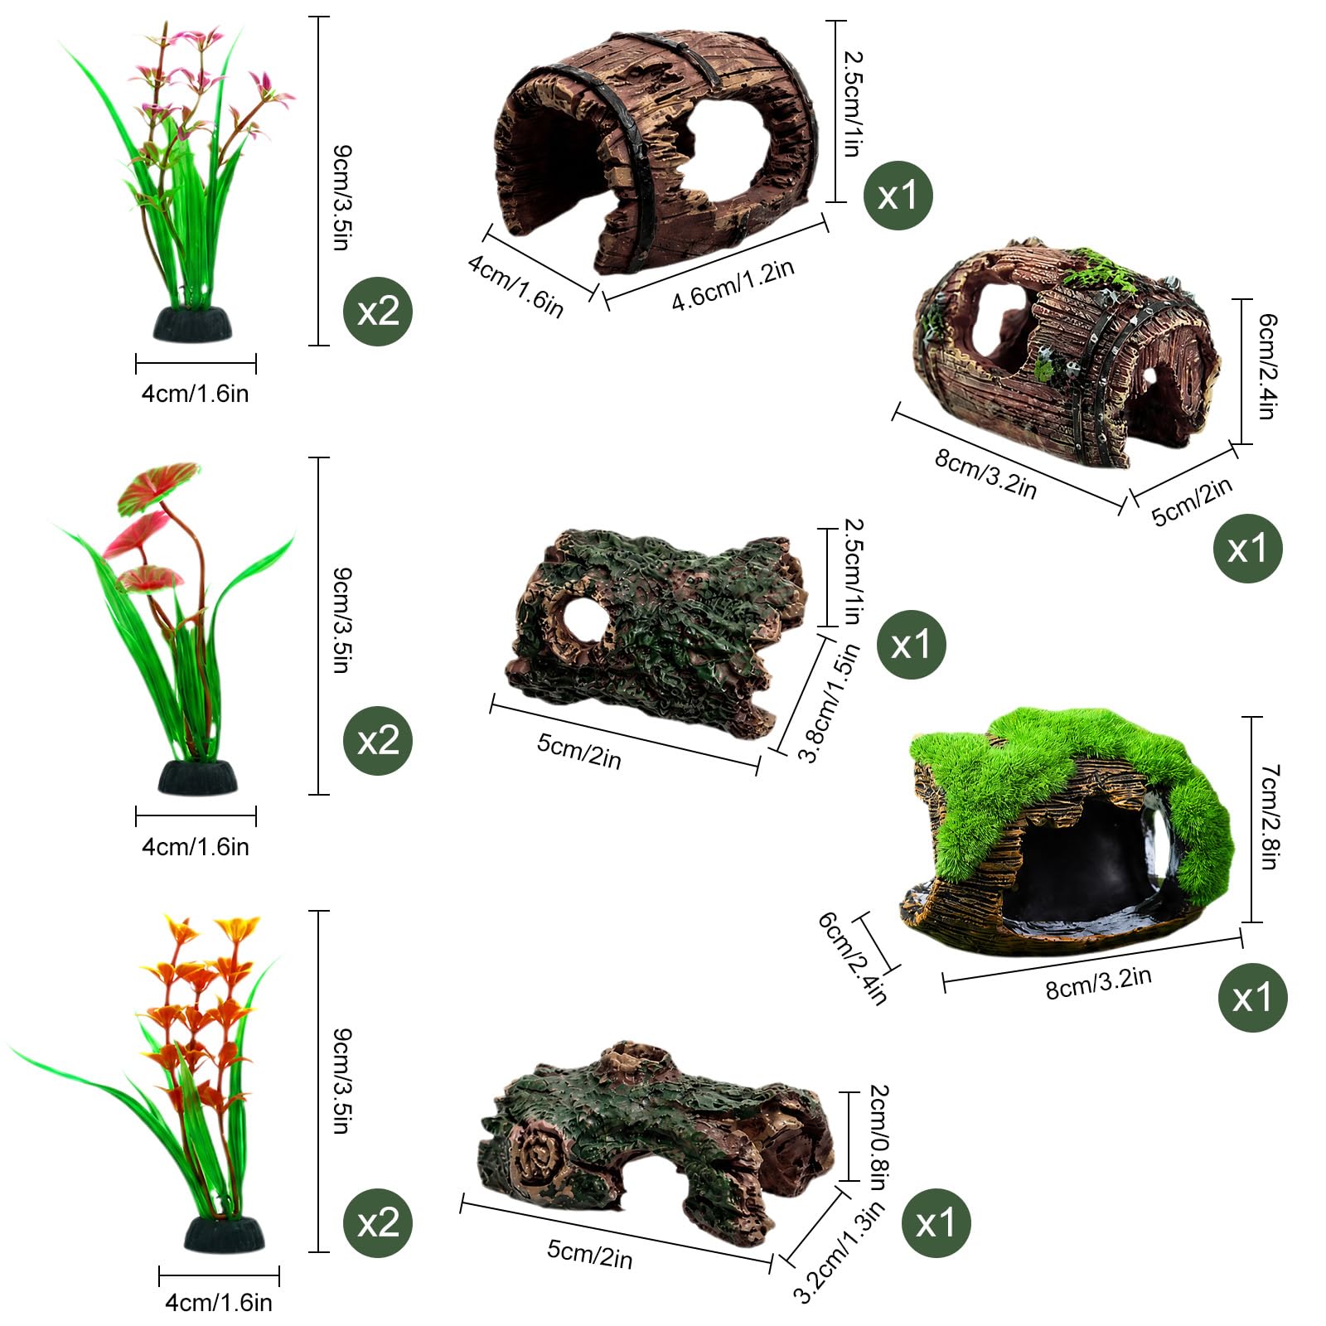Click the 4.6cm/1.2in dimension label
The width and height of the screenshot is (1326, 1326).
[733, 285]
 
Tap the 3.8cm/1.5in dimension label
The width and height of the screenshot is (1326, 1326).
[828, 703]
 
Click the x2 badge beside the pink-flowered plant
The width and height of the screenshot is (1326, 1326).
[378, 312]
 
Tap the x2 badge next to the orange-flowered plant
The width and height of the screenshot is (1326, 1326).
[378, 1222]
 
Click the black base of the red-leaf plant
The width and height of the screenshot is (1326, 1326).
[198, 777]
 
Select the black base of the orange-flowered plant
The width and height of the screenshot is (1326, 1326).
[225, 1234]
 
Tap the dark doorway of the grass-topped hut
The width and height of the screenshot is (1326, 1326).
[1077, 862]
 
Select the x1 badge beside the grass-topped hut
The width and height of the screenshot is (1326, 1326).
[1252, 997]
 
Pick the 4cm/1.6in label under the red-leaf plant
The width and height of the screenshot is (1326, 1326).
[196, 847]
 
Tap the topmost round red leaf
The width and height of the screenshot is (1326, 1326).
[158, 486]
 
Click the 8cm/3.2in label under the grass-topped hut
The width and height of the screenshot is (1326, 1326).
[1099, 983]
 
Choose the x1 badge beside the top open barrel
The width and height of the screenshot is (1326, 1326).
[898, 196]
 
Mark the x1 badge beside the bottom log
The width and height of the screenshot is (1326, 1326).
[936, 1222]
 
